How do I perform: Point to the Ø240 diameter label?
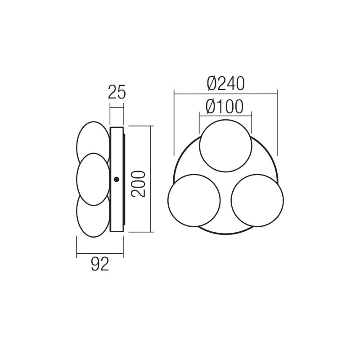click(x=225, y=83)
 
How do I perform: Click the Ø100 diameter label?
click(x=225, y=106)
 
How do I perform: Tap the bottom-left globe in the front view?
click(x=194, y=200)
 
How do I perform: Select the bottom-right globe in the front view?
click(x=257, y=200)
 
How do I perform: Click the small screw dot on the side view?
click(x=117, y=180)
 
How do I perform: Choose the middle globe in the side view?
click(x=93, y=179)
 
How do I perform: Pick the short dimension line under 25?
click(x=117, y=107)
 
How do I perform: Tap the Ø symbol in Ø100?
click(x=211, y=106)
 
